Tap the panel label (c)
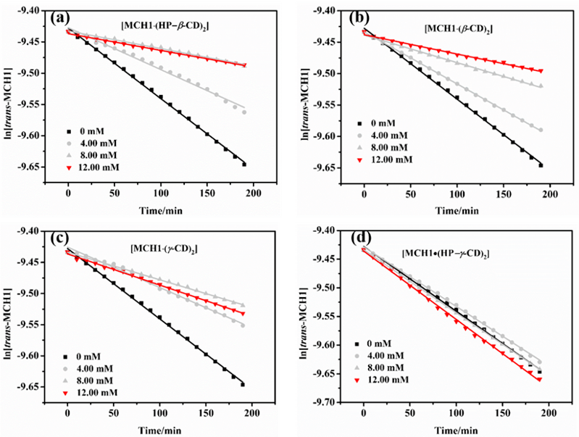point(62,239)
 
